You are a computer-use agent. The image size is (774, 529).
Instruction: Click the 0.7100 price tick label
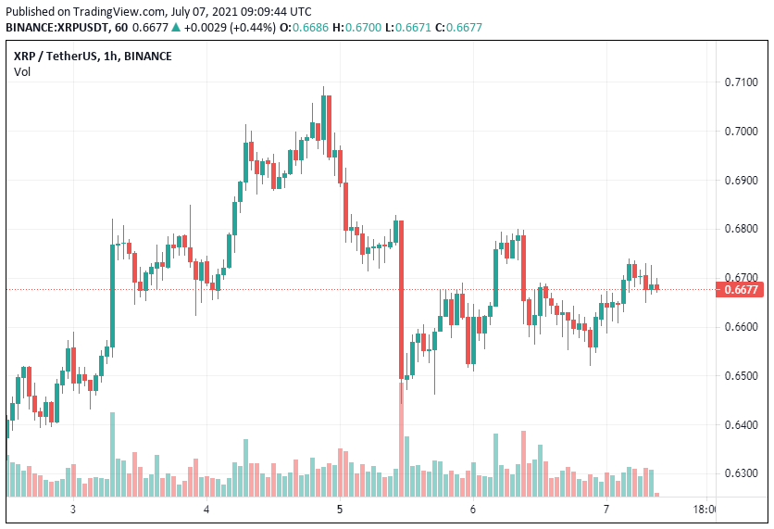tap(742, 82)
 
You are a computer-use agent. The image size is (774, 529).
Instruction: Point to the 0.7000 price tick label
tap(742, 132)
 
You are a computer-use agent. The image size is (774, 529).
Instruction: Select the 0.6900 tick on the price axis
tap(742, 180)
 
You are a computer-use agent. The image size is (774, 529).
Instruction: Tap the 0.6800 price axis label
tap(742, 229)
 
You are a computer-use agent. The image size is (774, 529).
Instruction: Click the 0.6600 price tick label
tap(742, 327)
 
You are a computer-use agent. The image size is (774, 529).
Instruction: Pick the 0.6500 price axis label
tap(742, 376)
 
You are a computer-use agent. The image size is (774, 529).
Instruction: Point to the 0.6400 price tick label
tap(742, 425)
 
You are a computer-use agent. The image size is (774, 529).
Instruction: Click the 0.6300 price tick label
tap(742, 473)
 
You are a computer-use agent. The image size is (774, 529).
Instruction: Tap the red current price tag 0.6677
tap(742, 290)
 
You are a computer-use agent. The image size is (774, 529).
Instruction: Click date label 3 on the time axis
tap(72, 510)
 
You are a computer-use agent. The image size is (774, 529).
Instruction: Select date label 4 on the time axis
tap(206, 510)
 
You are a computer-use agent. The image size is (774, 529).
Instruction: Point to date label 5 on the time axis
tap(340, 510)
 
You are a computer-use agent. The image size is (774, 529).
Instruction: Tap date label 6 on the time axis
tap(472, 510)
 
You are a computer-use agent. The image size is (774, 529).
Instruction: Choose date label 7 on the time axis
tap(605, 510)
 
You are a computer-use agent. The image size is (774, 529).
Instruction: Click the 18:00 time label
tap(705, 510)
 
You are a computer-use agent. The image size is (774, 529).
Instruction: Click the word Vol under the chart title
tap(22, 72)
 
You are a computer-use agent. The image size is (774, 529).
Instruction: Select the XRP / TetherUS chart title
tap(93, 56)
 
